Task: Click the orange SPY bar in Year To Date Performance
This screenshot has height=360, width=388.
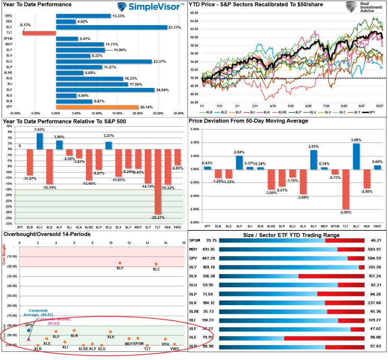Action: pyautogui.click(x=97, y=107)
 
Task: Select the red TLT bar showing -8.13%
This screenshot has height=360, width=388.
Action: pyautogui.click(x=39, y=33)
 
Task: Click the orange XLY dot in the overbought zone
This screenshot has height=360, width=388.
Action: pyautogui.click(x=120, y=263)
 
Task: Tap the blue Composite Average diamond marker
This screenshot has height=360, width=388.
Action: pyautogui.click(x=29, y=330)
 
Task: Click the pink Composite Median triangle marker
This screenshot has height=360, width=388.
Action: pyautogui.click(x=29, y=339)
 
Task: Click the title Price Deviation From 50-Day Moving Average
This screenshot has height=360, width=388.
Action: pyautogui.click(x=249, y=121)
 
